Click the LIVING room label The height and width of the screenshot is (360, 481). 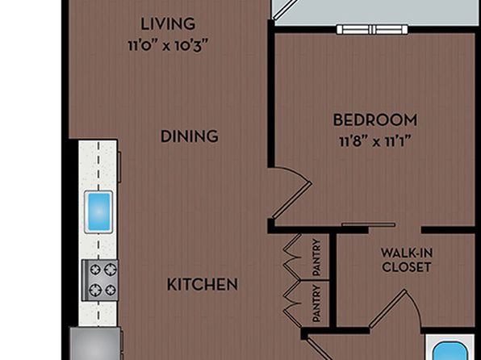coord(168,24)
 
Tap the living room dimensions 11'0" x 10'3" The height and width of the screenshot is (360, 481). coord(168,46)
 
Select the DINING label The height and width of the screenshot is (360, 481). coord(190,136)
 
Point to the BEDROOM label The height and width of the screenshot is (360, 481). coord(375,120)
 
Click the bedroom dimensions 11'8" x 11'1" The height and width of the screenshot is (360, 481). coord(375,142)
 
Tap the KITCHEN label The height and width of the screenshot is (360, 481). coord(203,284)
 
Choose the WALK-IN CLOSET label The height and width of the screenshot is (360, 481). coord(407,260)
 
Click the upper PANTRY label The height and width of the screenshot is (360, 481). coord(316,257)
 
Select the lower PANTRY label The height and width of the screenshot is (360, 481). coord(316,303)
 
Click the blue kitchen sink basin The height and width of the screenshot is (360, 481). coord(98,211)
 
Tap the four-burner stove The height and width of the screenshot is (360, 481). coord(100,281)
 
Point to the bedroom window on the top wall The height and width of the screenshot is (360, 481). coord(372,30)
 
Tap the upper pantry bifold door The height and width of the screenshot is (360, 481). coord(292,257)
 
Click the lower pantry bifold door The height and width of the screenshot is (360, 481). coord(292,303)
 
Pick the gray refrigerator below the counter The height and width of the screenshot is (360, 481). coord(95,343)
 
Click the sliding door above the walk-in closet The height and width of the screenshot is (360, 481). coord(369,224)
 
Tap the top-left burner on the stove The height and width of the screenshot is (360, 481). coord(95,270)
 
